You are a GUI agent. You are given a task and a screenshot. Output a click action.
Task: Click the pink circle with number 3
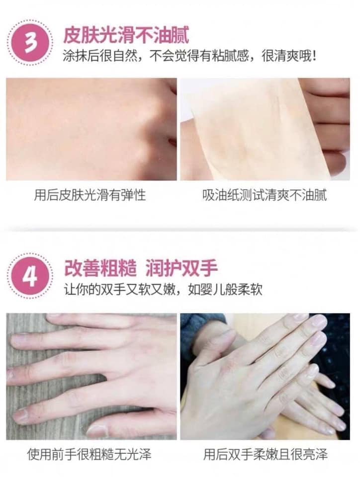tap(30, 43)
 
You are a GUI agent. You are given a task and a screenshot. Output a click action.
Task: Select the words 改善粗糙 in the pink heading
tap(100, 269)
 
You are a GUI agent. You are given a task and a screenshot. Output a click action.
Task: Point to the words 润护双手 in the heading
tap(181, 269)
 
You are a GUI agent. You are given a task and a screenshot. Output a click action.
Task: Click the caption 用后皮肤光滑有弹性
tap(90, 195)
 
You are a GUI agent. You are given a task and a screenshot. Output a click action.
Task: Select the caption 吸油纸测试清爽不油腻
tap(265, 195)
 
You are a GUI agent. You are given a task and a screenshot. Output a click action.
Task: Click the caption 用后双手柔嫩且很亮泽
tap(266, 454)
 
